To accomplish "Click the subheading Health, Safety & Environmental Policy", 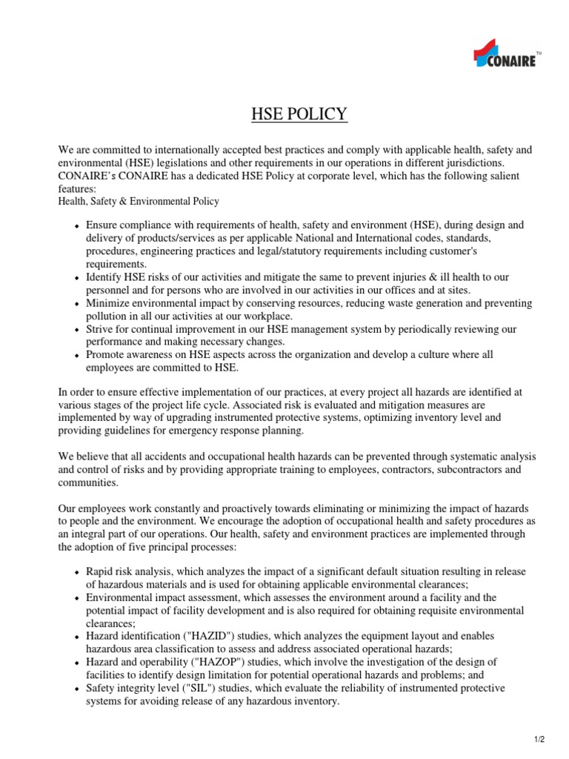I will point(139,201).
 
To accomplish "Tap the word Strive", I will point(100,328).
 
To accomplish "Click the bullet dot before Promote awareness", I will point(78,356).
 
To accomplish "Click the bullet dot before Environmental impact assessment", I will point(78,597).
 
